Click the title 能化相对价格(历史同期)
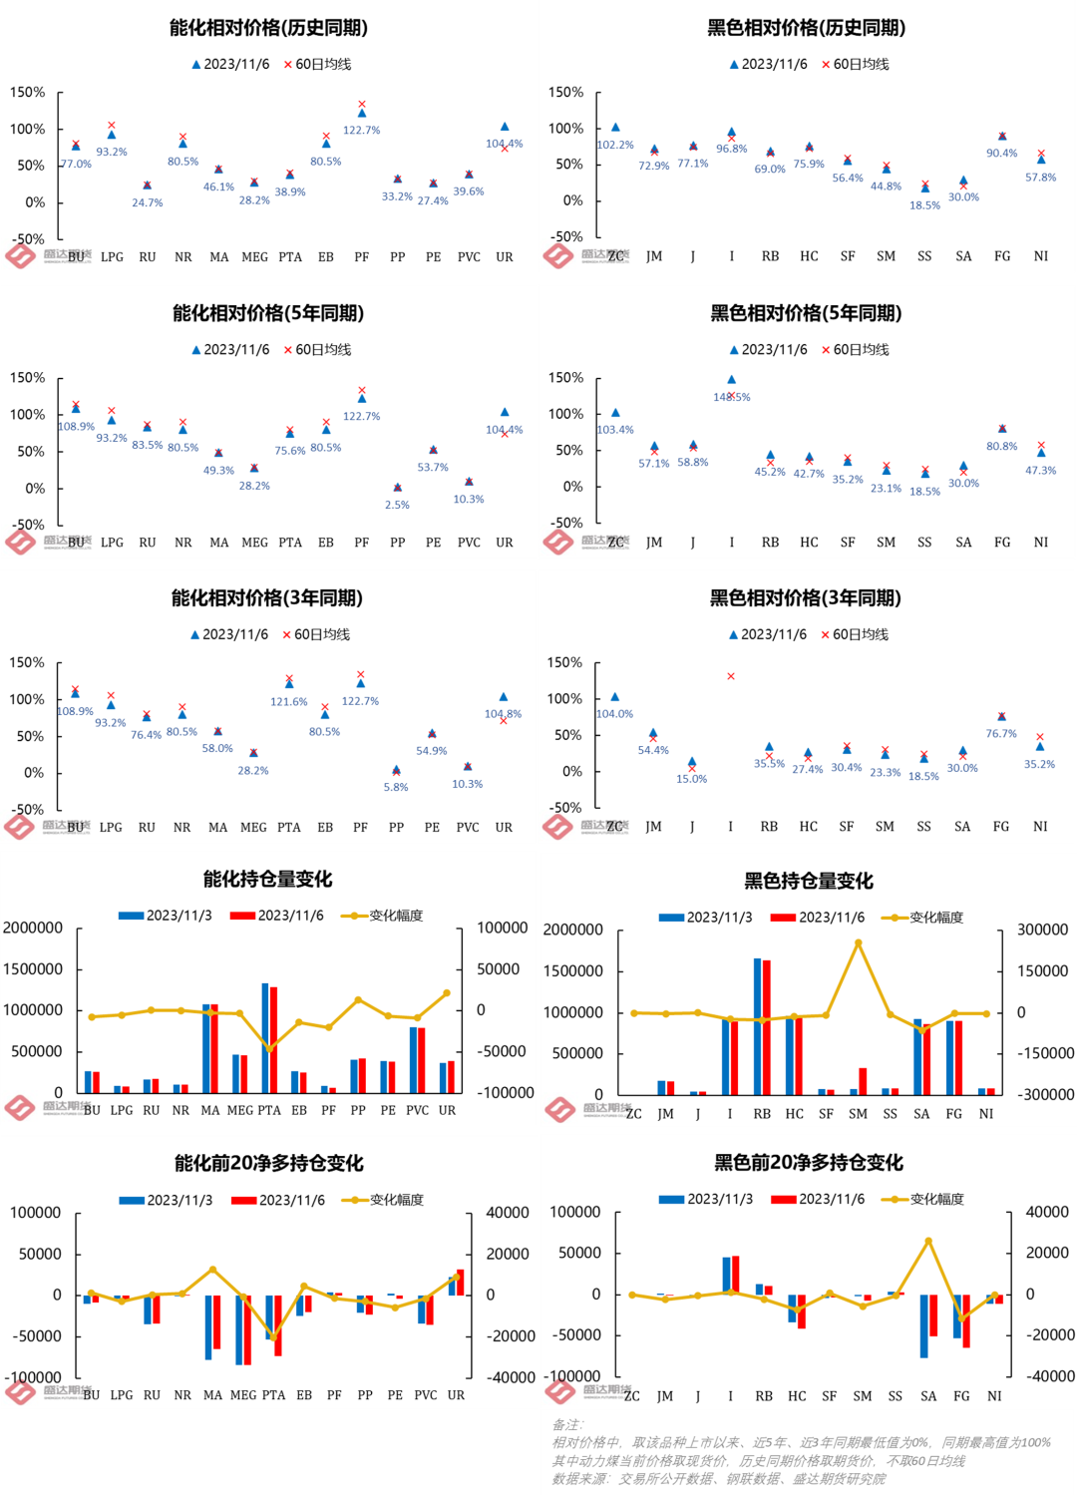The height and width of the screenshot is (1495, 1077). coord(268,28)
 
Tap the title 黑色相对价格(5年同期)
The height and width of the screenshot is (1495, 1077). coord(806,313)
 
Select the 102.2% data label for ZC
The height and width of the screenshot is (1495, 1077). coord(615,145)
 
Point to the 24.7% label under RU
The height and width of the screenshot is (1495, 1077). coord(148,202)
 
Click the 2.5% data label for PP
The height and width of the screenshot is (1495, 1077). coord(397,505)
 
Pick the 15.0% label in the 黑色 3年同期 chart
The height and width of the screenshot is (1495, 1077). coord(691,779)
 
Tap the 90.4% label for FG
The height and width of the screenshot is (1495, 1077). coord(1001,153)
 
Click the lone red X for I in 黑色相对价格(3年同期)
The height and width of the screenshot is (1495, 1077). coord(731,676)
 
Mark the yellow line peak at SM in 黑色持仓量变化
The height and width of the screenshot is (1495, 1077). coord(858,942)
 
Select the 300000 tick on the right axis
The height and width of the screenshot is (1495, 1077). coord(1042,930)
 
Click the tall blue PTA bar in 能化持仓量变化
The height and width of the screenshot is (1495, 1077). coord(265,1037)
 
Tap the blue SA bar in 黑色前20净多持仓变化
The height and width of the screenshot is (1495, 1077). coord(923,1325)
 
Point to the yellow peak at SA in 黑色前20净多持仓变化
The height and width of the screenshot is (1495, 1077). coord(928,1241)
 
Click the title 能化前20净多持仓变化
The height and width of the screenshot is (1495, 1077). coord(269,1163)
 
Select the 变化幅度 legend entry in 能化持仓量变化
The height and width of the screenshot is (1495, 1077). coord(396,916)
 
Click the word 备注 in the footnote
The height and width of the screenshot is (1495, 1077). coord(567,1424)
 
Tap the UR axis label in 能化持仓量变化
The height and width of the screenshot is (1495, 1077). coord(447,1110)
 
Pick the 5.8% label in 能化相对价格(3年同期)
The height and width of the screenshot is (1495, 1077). coord(396,787)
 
